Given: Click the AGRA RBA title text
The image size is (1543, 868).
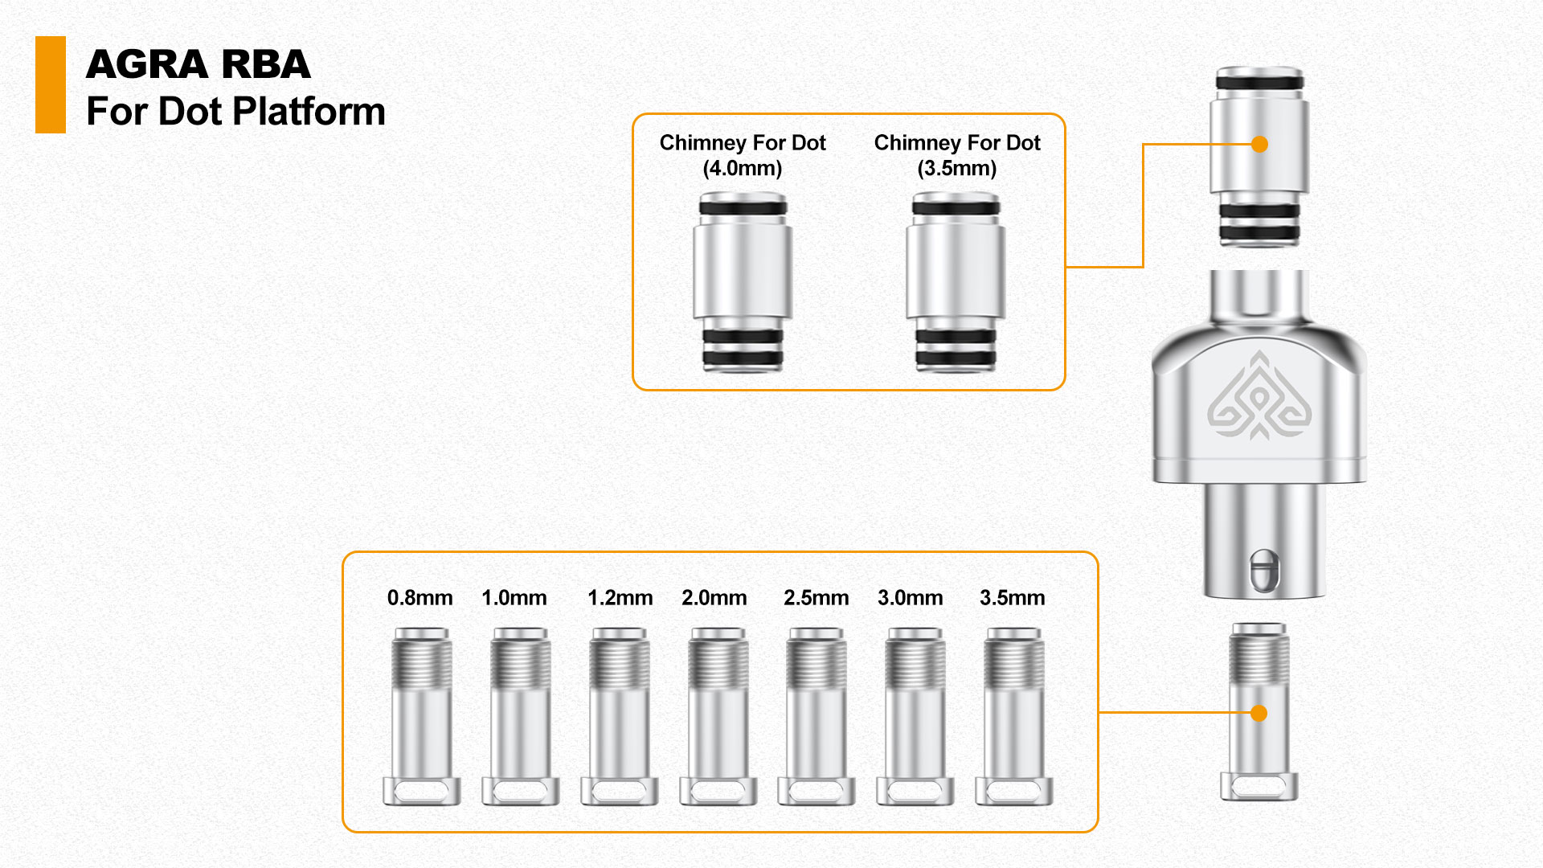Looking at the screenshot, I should [198, 64].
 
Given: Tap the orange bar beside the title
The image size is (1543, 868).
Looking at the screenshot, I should [50, 84].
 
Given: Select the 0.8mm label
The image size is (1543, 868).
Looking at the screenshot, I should [420, 598].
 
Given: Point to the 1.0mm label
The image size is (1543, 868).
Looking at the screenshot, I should [514, 598].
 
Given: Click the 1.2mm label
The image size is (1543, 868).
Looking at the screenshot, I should [620, 598].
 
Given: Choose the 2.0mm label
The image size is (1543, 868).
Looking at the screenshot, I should [714, 598].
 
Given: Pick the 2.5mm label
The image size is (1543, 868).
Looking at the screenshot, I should [816, 598].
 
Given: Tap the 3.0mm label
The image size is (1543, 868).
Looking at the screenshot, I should [910, 598].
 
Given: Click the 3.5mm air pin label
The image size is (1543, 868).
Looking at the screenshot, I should [1012, 598].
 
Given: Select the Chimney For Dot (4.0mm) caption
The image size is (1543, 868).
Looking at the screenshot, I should [743, 155].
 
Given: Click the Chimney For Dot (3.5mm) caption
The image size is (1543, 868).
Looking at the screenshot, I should [957, 155].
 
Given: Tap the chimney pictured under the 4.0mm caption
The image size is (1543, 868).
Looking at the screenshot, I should [743, 281].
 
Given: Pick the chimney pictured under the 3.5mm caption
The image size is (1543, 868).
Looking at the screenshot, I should [956, 281].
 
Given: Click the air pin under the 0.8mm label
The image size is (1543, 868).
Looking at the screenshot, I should [422, 715].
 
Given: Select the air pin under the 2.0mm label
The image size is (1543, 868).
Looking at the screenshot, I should [718, 715].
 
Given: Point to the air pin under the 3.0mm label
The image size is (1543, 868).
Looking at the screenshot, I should [915, 715].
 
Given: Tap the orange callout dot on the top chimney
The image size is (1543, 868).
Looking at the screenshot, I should [1259, 144].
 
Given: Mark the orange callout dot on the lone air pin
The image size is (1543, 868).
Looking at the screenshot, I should [1259, 713].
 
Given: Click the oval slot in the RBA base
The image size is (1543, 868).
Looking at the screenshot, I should [1263, 570].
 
